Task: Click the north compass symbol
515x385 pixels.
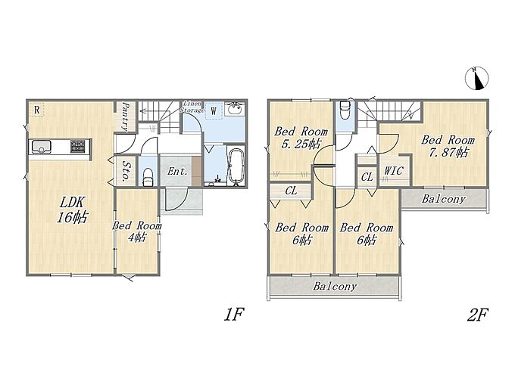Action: tap(476, 78)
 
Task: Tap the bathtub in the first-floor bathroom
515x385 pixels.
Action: tap(236, 166)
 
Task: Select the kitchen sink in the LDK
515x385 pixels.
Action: tap(41, 147)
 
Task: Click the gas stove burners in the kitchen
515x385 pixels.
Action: tap(77, 146)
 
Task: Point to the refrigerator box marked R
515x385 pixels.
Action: tap(37, 110)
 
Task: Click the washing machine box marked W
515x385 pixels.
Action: tap(214, 111)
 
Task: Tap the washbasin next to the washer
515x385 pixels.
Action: tap(235, 109)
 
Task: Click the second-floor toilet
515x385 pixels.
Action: tap(344, 110)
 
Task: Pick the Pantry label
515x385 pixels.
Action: tap(124, 116)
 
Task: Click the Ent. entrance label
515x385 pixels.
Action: tap(177, 171)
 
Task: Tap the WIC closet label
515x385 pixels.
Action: tap(394, 170)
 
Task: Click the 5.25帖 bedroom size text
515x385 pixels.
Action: tap(301, 144)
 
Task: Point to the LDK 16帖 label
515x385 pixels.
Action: tap(72, 210)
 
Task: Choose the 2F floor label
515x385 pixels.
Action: tap(477, 315)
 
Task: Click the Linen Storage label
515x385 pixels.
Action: tap(192, 107)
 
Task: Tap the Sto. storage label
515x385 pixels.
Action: tap(125, 170)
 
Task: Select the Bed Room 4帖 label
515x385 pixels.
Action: tap(136, 231)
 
